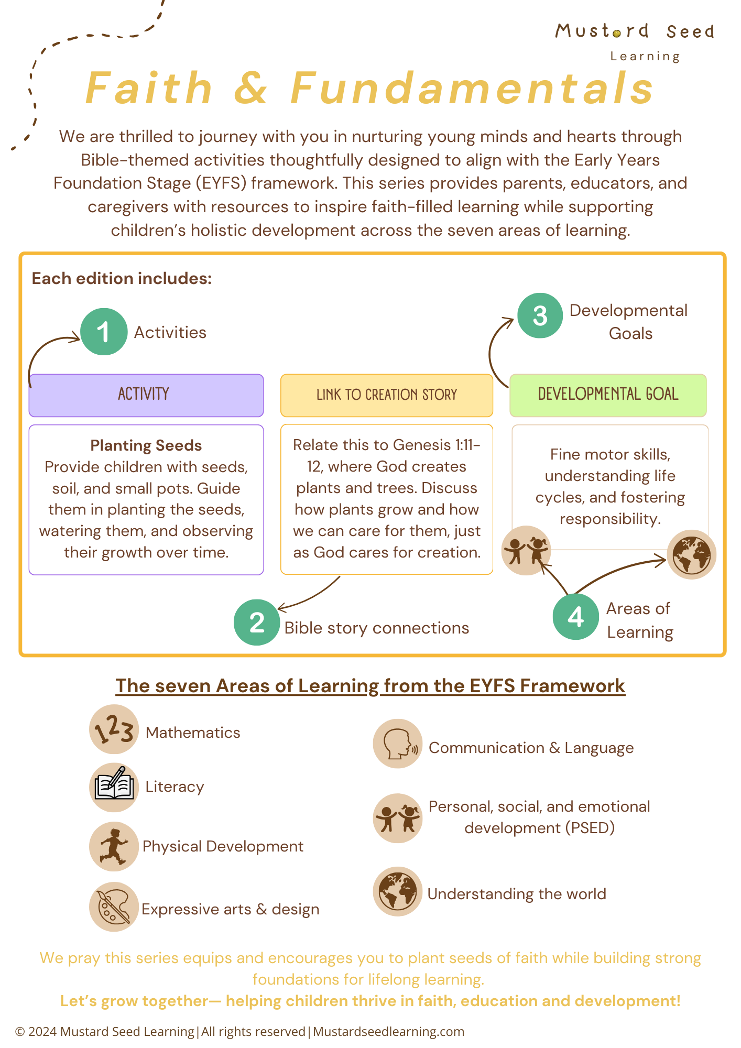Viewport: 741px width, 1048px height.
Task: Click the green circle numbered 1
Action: (104, 332)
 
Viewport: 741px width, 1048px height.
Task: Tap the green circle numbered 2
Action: (257, 622)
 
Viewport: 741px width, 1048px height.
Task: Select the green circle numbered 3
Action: (540, 315)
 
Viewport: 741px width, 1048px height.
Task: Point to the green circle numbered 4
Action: (575, 617)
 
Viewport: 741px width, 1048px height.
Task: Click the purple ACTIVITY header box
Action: (146, 395)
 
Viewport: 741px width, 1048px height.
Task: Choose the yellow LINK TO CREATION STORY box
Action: (387, 395)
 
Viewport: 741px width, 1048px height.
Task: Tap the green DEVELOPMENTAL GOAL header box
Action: (608, 395)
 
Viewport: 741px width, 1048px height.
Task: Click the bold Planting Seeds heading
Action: (146, 445)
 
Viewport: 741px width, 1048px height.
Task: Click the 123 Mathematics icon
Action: (114, 729)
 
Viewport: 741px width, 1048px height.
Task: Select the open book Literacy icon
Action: (114, 787)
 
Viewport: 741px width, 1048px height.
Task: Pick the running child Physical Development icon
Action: (114, 846)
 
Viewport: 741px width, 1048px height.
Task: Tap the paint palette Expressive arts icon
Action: (114, 907)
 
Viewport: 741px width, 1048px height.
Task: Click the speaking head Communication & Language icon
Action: (398, 744)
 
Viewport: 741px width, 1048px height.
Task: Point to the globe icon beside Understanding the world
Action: (398, 891)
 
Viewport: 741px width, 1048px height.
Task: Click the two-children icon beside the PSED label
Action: (398, 818)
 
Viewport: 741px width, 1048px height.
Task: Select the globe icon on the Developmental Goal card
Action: (691, 554)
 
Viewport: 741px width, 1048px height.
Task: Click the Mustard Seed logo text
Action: (635, 31)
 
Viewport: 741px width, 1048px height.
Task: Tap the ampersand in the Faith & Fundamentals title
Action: (250, 88)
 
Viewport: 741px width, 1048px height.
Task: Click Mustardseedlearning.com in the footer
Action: (388, 1031)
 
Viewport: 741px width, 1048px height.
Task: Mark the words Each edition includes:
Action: (122, 278)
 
